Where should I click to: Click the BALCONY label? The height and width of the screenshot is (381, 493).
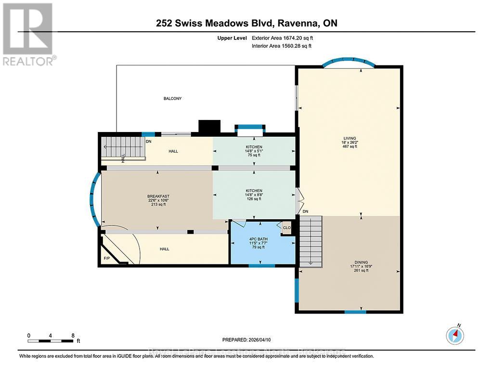pos(172,98)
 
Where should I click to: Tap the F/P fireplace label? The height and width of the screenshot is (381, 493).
pos(106,259)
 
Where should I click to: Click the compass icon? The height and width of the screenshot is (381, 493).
pos(455,335)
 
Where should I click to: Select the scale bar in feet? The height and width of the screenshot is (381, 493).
pos(51,341)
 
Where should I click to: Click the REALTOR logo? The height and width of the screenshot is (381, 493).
pos(27,34)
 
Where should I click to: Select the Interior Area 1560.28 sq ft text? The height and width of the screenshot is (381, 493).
pos(282,46)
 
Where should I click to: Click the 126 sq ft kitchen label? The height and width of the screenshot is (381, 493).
pos(254,195)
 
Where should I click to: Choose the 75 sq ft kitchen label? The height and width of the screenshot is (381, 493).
pos(254,151)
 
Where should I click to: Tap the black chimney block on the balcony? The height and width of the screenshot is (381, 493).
pos(209,127)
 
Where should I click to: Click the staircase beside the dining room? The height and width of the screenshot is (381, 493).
pos(310,241)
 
